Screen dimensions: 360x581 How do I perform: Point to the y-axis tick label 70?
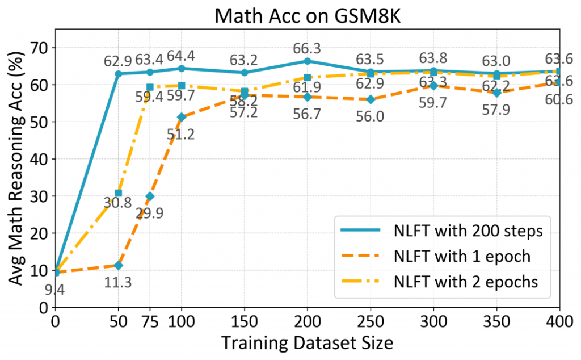click(40, 48)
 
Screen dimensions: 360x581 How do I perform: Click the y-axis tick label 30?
click(40, 196)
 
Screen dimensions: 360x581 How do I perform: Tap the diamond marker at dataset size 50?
click(119, 265)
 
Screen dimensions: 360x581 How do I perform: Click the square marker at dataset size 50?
click(119, 193)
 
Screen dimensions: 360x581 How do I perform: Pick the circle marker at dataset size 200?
click(308, 61)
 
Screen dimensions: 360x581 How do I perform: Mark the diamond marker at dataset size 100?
click(182, 117)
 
